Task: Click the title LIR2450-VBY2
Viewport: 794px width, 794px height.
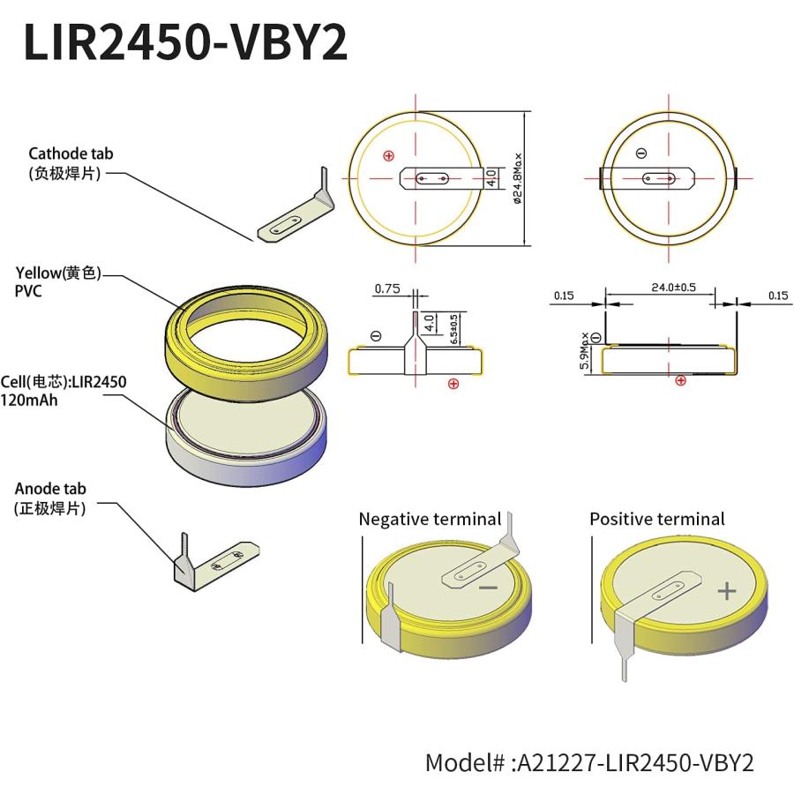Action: pos(185,42)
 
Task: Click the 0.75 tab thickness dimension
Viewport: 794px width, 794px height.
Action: pos(387,288)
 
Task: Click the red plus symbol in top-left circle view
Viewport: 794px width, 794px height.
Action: pos(388,156)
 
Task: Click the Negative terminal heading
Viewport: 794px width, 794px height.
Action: pos(430,520)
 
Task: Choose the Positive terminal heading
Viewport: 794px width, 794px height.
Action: pos(657,520)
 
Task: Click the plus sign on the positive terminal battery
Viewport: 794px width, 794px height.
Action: pos(726,591)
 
